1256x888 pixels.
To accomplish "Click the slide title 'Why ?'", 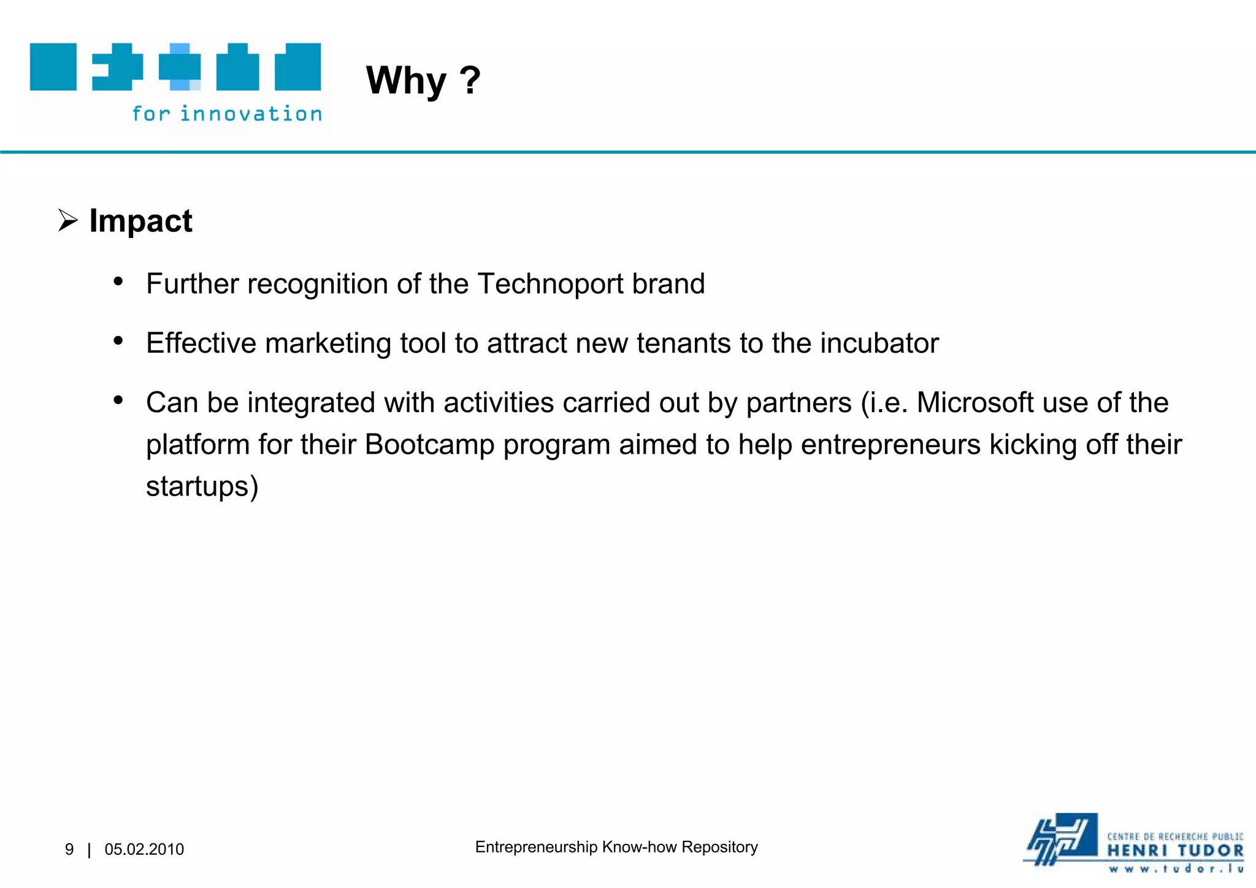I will pos(423,80).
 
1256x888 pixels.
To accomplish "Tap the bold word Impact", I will pos(140,221).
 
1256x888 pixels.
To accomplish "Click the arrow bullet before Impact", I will pos(67,220).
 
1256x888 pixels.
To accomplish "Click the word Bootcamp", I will pos(429,445).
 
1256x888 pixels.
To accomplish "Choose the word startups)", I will pos(202,486).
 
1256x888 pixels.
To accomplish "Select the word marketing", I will pos(328,343).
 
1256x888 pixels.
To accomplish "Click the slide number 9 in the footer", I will pos(69,849).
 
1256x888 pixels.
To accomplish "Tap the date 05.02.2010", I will pos(144,849).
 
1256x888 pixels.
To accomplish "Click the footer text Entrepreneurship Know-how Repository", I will pos(616,847).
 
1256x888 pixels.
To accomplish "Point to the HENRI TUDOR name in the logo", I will pos(1175,851).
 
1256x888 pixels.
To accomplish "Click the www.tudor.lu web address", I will pos(1175,868).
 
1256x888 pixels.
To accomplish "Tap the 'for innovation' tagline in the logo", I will pos(227,114).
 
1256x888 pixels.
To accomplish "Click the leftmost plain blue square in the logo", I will pos(53,67).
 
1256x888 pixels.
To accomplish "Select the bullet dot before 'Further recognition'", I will pos(118,281).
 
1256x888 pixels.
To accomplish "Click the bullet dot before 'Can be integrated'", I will pos(118,400).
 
